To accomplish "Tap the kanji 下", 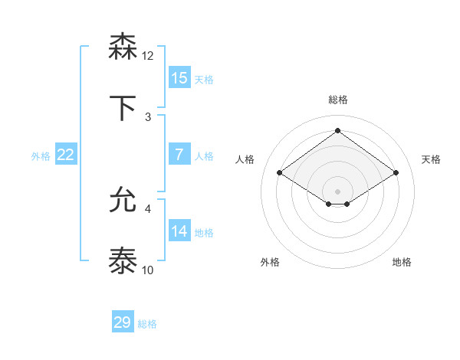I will [123, 107].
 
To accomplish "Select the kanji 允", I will [123, 201].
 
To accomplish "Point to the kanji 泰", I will [123, 261].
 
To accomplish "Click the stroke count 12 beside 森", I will [148, 56].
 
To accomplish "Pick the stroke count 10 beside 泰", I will [148, 270].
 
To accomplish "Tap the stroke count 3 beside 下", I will [148, 116].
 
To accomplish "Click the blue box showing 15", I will [179, 77].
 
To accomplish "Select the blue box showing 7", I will [179, 154].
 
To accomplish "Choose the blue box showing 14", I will [179, 231].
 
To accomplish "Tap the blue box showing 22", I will [66, 155].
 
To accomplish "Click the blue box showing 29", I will [123, 322].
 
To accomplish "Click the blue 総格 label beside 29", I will [147, 324].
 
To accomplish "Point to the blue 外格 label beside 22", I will [41, 156].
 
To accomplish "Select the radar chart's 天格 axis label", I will [431, 159].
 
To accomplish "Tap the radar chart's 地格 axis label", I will [402, 262].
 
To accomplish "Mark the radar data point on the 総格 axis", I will [337, 131].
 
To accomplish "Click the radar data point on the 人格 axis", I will [280, 173].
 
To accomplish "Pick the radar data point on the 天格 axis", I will [396, 173].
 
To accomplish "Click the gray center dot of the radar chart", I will [337, 191].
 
